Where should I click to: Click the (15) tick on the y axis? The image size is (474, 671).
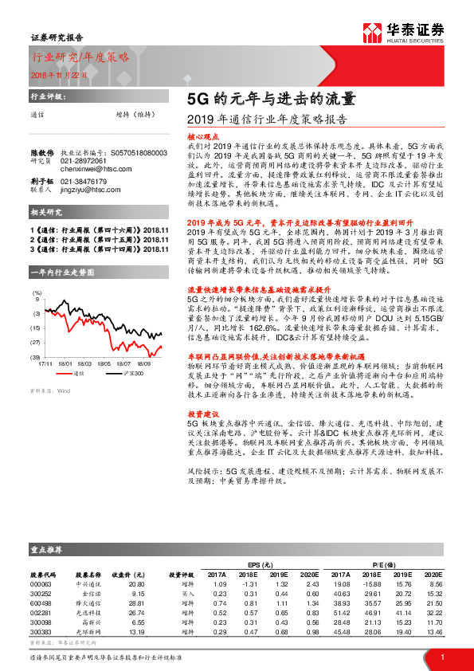coord(35,328)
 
